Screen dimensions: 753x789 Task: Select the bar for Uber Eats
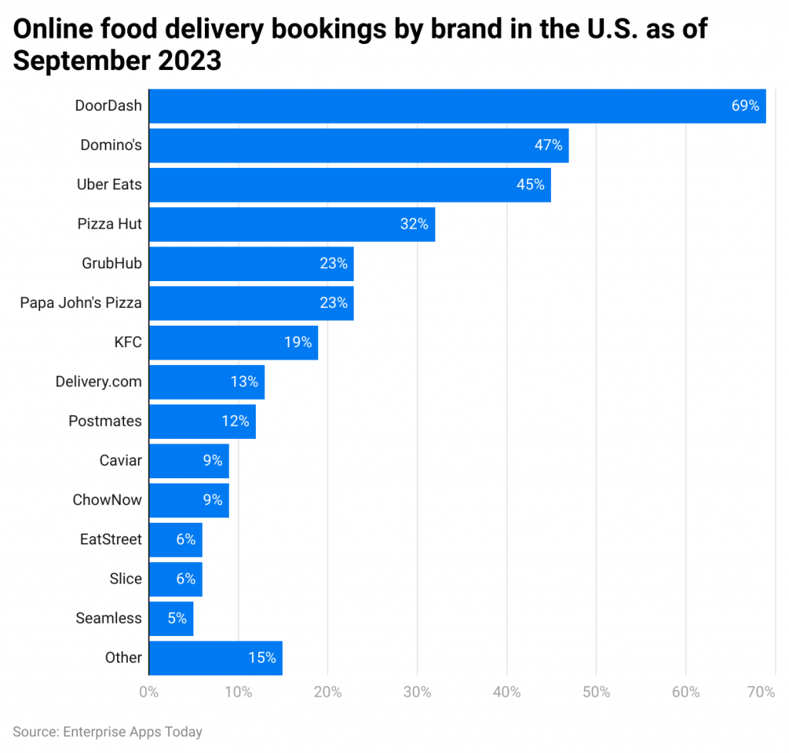[x=349, y=185]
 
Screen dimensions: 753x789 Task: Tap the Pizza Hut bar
[x=291, y=224]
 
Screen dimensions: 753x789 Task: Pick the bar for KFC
[x=233, y=343]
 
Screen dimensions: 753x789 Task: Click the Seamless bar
[x=170, y=618]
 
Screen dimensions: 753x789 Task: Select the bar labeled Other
[x=215, y=658]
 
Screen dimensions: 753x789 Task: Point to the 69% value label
[x=745, y=106]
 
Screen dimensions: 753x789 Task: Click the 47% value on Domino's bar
[x=548, y=146]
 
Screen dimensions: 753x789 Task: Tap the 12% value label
[x=235, y=421]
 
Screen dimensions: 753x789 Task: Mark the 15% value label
[x=262, y=658]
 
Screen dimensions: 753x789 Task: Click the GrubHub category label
[x=112, y=263]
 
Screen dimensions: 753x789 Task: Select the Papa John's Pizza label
[x=81, y=303]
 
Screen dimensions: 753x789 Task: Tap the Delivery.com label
[x=99, y=382]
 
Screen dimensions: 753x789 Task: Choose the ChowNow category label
[x=107, y=500]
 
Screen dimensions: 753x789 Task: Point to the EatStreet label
[x=111, y=539]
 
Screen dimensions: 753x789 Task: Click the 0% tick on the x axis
[x=149, y=692]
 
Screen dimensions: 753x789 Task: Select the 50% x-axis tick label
[x=596, y=692]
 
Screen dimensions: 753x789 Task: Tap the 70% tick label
[x=760, y=692]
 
